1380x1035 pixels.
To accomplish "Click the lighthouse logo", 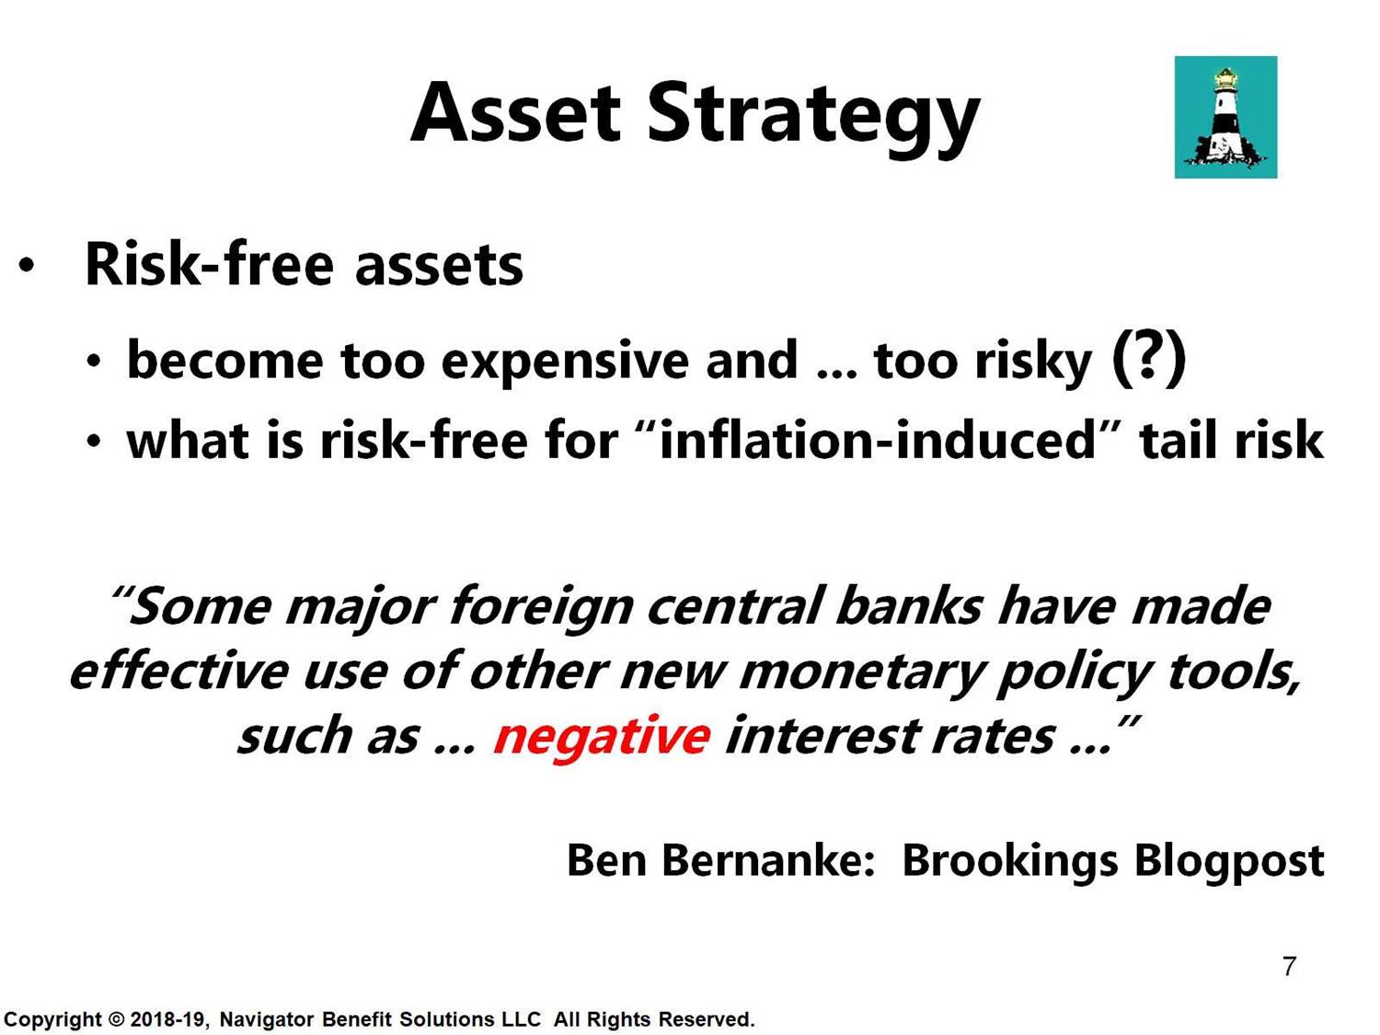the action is pyautogui.click(x=1225, y=117).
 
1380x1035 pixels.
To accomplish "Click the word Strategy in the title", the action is pyautogui.click(x=813, y=120).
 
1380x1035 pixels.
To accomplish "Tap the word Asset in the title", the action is pyautogui.click(x=515, y=114).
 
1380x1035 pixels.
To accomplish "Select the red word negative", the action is pyautogui.click(x=602, y=738).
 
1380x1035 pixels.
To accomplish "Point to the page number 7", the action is pyautogui.click(x=1290, y=966).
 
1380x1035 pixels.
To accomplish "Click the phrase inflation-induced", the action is pyautogui.click(x=878, y=439).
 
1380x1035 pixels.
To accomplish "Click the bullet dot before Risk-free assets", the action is pyautogui.click(x=25, y=266).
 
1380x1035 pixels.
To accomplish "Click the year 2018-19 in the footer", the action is pyautogui.click(x=167, y=1019).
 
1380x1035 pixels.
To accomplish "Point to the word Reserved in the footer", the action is pyautogui.click(x=706, y=1019).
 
